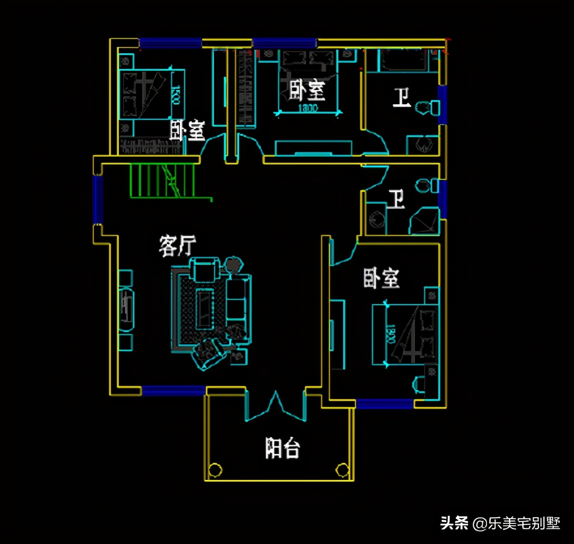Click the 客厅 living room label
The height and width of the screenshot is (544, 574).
point(178,246)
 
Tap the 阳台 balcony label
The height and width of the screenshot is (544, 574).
point(283,448)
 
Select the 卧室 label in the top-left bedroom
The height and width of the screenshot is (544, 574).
point(187,130)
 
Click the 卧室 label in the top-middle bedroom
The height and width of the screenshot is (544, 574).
point(307,90)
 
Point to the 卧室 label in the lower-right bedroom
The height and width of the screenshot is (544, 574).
point(381,278)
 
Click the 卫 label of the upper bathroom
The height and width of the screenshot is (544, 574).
point(401,97)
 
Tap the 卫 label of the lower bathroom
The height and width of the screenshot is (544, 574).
point(396,199)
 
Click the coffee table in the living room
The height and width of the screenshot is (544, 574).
point(204,309)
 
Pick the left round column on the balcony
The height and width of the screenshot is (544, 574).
point(215,470)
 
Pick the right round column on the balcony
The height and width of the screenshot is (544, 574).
point(342,470)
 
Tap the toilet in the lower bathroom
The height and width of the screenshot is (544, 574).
point(426,185)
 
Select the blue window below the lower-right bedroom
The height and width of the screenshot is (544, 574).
point(385,404)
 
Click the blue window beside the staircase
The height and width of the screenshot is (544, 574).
point(98,199)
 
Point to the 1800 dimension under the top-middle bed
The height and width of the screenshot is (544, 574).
point(308,108)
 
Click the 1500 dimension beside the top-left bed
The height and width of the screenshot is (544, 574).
point(176,95)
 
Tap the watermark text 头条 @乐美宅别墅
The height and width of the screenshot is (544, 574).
point(500,523)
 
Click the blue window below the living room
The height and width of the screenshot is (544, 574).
point(174,391)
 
